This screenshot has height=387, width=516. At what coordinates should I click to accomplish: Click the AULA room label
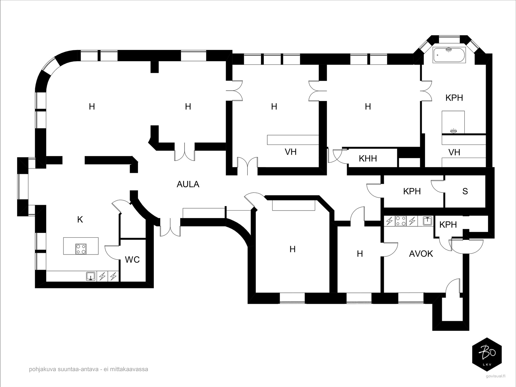pos(188,184)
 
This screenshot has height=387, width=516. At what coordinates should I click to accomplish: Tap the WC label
pos(132,260)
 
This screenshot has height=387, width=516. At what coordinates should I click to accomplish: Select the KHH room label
pos(368,159)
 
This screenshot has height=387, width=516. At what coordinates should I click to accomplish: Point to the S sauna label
pos(465,191)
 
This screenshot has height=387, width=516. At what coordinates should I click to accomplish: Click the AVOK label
pos(421,254)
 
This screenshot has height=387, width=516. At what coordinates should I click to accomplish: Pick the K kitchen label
pos(80,220)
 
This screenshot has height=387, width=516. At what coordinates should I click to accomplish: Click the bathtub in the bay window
pos(449,55)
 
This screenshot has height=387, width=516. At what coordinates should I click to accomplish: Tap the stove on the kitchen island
pos(81,249)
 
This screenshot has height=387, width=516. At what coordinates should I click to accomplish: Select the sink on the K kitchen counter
pos(91,277)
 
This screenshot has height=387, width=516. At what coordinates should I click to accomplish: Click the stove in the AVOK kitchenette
pos(401,221)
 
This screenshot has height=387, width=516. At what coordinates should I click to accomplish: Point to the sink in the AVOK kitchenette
pos(428,221)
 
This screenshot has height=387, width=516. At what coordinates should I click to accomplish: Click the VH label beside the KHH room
pos(291,152)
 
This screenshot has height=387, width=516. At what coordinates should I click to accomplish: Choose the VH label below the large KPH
pos(454,153)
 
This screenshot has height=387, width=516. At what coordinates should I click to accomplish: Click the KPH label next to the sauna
pos(412,191)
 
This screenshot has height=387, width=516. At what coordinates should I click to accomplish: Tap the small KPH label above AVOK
pos(448,225)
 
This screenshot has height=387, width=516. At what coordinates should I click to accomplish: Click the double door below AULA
pos(170,227)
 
